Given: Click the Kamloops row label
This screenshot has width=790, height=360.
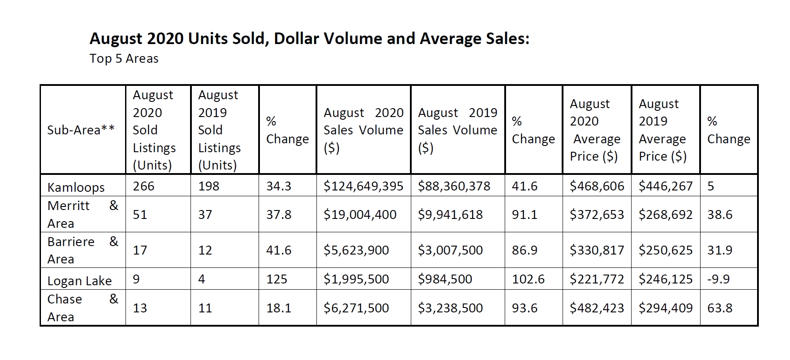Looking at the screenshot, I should (76, 187).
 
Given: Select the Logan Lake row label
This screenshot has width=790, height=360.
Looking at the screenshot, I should (79, 281).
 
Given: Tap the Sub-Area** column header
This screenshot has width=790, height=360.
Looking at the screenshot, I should (81, 130).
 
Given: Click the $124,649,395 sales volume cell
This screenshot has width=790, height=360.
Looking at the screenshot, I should (363, 186).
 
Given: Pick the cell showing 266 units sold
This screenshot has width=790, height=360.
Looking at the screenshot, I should (143, 186).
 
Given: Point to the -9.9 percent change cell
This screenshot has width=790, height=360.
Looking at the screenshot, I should (718, 279).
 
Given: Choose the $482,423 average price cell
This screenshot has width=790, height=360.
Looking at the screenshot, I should (597, 308).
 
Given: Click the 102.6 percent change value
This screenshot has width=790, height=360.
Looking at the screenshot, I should (528, 279).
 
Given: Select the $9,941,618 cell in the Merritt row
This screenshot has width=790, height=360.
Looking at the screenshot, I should (450, 214).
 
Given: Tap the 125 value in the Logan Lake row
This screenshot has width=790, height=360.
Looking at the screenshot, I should (276, 279).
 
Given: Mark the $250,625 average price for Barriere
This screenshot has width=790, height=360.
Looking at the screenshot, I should (665, 250).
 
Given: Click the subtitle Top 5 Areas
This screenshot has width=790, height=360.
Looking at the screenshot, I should (124, 59).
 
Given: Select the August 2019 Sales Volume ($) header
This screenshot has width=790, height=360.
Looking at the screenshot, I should (457, 130).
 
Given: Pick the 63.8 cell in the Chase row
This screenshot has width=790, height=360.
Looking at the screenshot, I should (720, 308).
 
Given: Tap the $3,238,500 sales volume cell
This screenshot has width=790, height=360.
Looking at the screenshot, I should (450, 308).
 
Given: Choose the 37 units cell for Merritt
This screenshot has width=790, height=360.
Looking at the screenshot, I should (205, 214).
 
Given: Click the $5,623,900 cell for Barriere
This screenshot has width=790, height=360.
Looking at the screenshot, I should (356, 250).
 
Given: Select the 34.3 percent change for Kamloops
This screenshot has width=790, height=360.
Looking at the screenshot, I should (279, 186).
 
